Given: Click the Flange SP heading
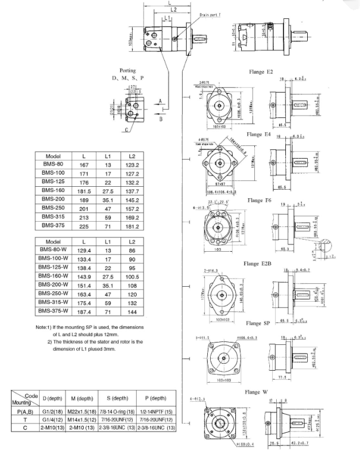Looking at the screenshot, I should (258, 324).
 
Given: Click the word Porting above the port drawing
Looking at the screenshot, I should (127, 70).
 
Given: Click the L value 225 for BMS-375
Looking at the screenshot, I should (84, 226).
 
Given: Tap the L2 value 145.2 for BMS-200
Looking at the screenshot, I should (132, 199).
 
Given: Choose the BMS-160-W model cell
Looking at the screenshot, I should (54, 276).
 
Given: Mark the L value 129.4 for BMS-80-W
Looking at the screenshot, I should (84, 251).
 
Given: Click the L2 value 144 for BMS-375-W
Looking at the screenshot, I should (132, 311).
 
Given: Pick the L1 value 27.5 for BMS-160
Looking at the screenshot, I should (107, 190).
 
